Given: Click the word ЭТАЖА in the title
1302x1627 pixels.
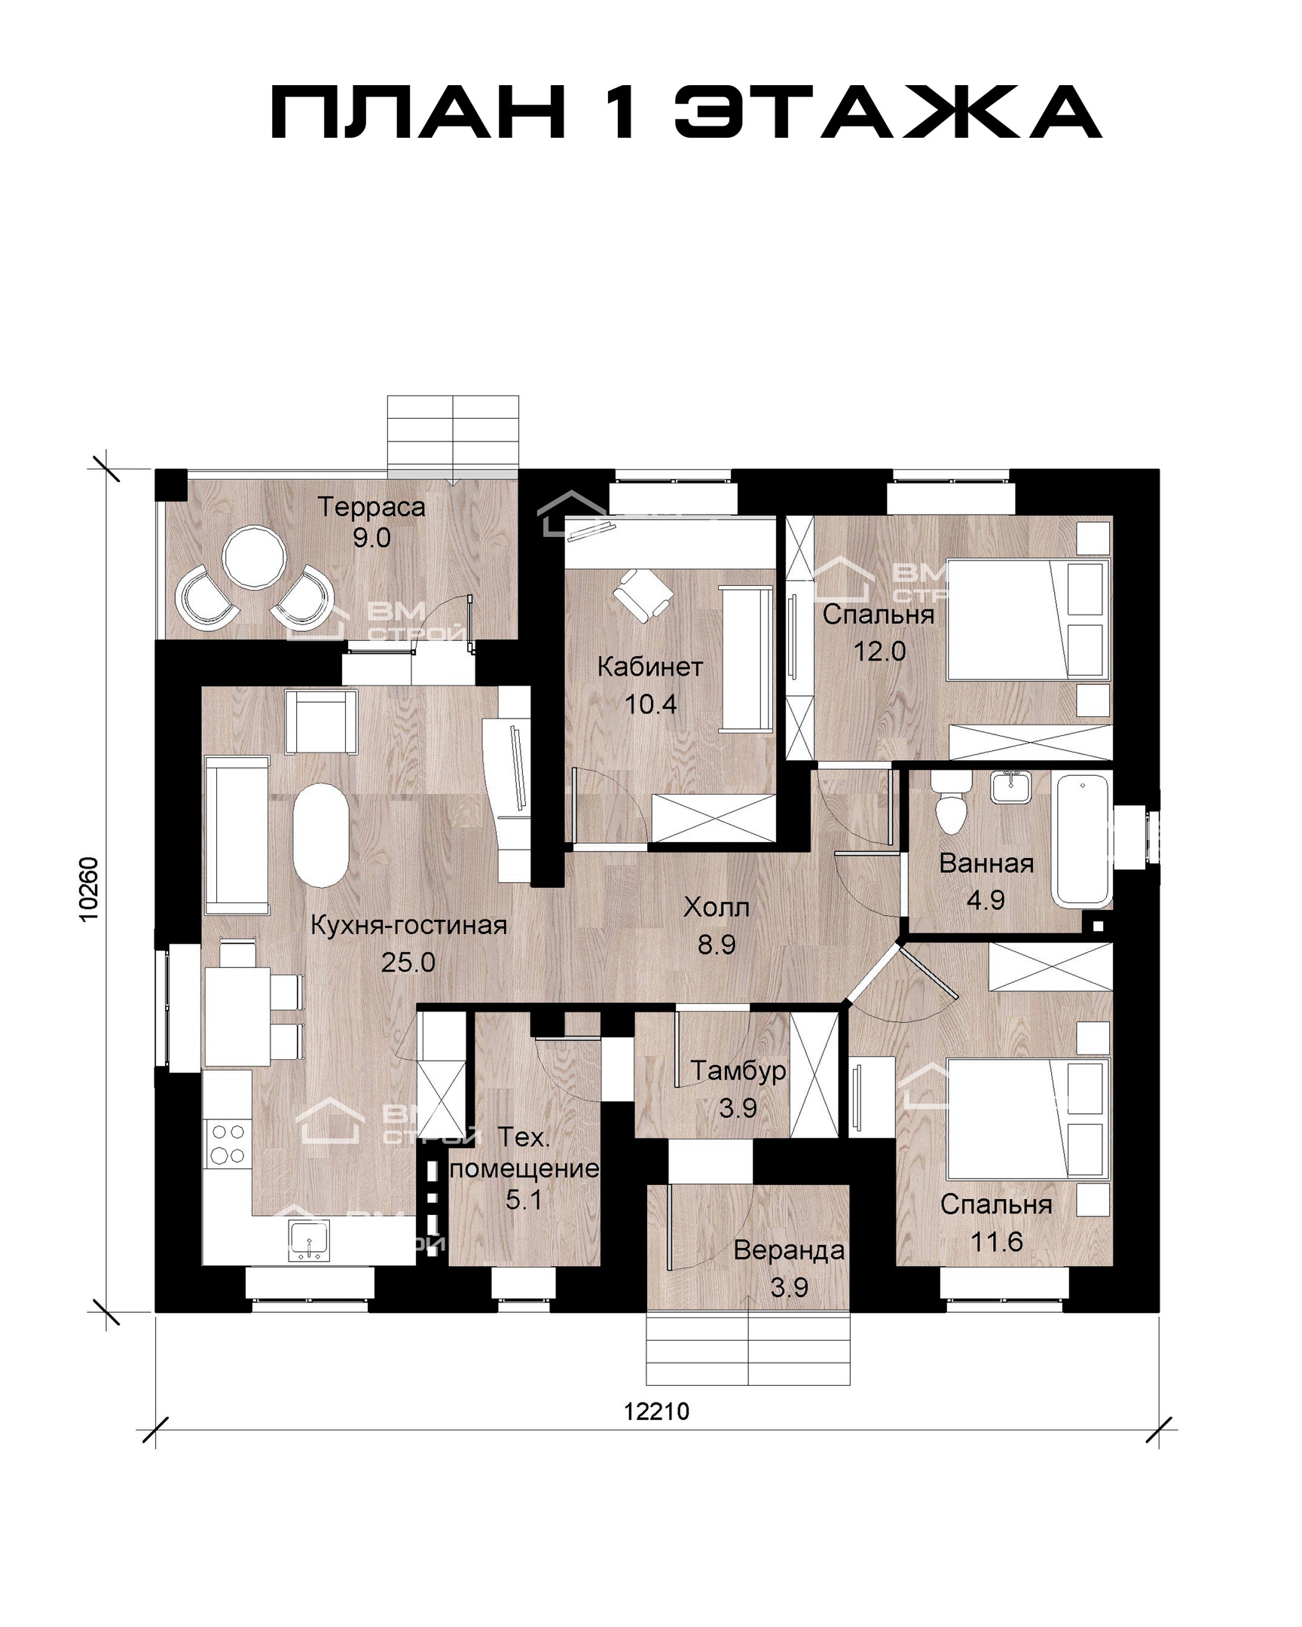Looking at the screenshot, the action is point(887,111).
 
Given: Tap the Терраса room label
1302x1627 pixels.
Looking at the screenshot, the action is point(371,507).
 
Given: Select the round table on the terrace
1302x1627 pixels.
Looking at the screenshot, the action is point(255,557).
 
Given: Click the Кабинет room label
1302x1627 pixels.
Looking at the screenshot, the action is point(649,667).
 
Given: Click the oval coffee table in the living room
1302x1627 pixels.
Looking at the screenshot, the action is point(320,835).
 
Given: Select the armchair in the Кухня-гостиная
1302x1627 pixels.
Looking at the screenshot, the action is point(320,722).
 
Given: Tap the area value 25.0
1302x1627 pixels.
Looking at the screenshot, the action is point(408,962).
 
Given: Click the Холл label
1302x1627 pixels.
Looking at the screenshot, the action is point(717,907).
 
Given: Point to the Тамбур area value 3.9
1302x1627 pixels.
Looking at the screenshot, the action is point(738,1108).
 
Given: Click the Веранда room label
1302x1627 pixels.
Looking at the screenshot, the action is point(789,1251).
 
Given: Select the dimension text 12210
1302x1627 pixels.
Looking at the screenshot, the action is point(657,1411).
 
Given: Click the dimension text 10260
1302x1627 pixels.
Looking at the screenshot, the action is point(89,889).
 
